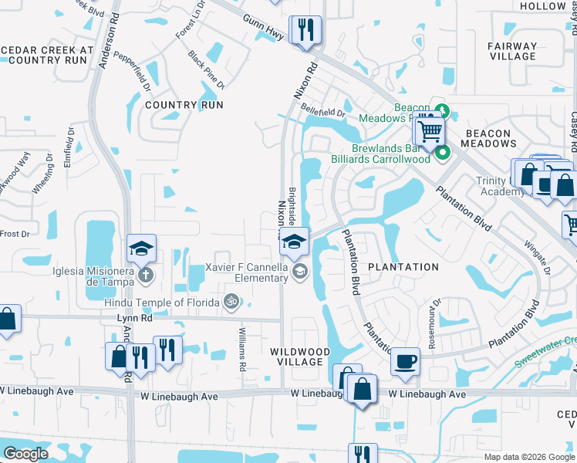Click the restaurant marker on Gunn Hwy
[x=305, y=30]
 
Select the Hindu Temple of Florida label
[x=162, y=302]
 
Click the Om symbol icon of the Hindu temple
[x=229, y=302]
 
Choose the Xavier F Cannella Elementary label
[x=247, y=272]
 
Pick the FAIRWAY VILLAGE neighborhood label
[x=512, y=51]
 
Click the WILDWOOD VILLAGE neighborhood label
[x=300, y=357]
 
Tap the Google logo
[x=25, y=454]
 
